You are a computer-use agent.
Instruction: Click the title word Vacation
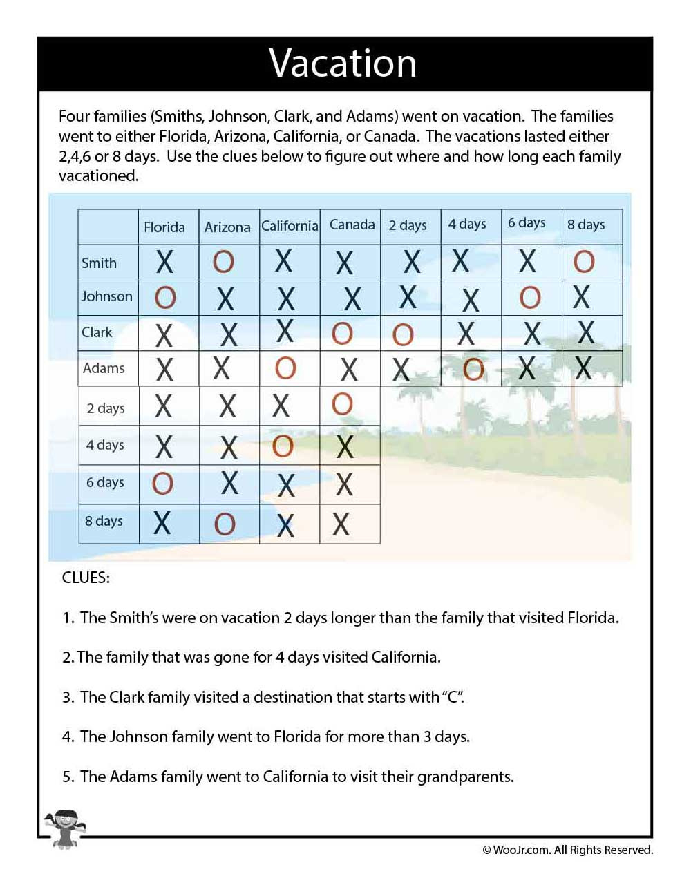coord(343,64)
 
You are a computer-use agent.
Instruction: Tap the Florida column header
coord(164,227)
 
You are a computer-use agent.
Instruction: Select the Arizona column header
coord(227,227)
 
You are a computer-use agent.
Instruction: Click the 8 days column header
coord(586,225)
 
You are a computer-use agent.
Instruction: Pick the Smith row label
coord(99,263)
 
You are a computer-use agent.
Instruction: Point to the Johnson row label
coord(106,296)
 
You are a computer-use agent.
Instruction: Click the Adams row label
coord(104,368)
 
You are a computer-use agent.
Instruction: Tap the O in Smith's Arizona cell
coord(223,262)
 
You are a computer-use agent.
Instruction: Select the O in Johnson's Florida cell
coord(165,298)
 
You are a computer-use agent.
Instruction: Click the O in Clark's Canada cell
coord(342,334)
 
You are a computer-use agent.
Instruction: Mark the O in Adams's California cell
coord(285,368)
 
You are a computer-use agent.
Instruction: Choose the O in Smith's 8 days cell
coord(584,261)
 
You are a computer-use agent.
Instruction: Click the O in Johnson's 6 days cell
coord(530,298)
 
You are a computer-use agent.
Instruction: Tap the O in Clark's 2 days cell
coord(403,335)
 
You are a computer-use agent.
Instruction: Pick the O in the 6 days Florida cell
coord(162,484)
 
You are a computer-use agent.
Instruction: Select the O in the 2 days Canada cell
coord(342,404)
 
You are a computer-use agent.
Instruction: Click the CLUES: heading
coord(86,578)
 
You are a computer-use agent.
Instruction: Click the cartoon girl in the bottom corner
coord(64,828)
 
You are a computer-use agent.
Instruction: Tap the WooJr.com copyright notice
coord(567,850)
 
